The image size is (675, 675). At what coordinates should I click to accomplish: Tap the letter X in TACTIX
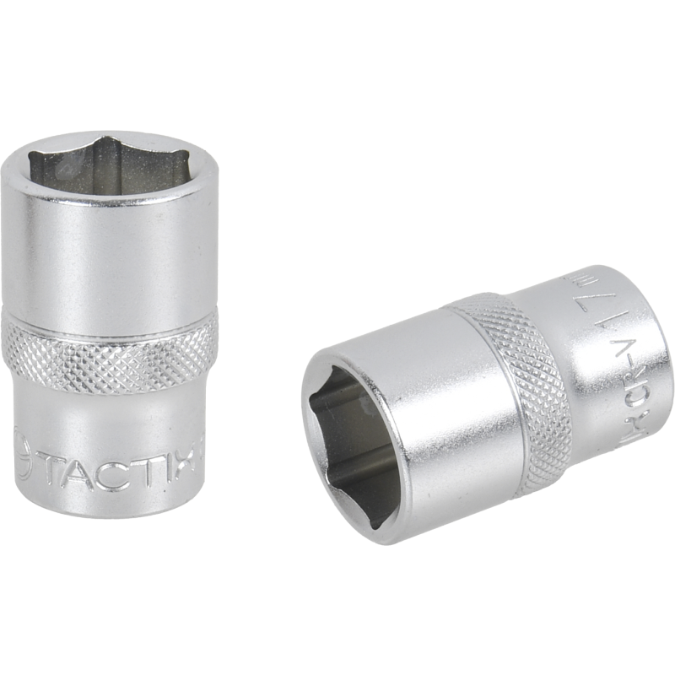click(187, 470)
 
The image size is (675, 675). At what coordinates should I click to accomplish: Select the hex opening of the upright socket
click(110, 165)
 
